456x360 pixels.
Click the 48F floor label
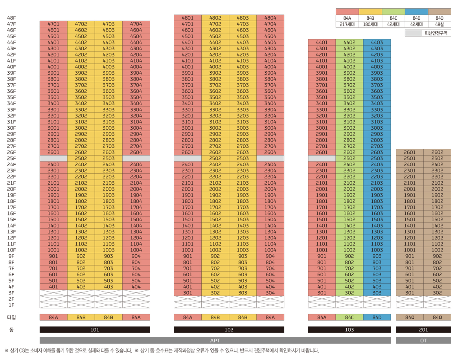point(11,18)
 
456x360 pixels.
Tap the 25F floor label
point(11,158)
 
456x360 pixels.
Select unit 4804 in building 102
point(270,18)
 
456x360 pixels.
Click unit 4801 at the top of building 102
point(188,18)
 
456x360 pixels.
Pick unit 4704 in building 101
point(136,24)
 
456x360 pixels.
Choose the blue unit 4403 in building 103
point(377,42)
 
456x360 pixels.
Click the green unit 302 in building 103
point(349,293)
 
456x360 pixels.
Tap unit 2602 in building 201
point(437,152)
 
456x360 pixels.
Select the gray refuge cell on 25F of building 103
point(322,158)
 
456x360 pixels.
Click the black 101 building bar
point(95,330)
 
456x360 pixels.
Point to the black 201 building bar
point(423,330)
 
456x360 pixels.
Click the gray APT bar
point(215,340)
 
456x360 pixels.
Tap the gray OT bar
point(423,340)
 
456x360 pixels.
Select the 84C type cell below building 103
point(349,318)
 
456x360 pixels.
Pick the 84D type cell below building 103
point(377,318)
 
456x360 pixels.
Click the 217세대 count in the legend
point(347,24)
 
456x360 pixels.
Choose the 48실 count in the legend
point(439,24)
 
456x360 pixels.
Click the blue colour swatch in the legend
point(416,12)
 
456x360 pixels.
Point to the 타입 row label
point(11,318)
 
